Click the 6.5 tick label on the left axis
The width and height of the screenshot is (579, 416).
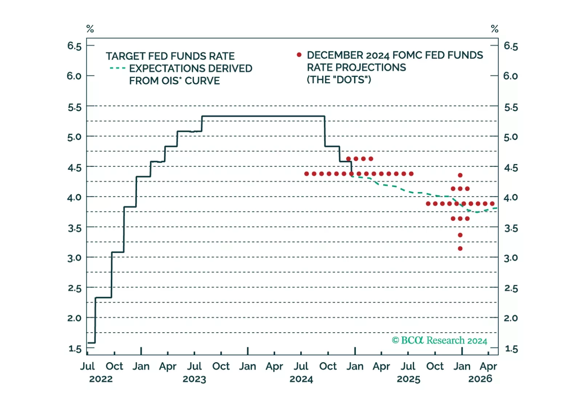click(x=74, y=46)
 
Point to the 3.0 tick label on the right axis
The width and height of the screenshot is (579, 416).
click(x=511, y=258)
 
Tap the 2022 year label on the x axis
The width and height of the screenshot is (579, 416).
click(x=101, y=379)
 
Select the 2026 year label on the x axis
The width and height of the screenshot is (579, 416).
click(x=480, y=379)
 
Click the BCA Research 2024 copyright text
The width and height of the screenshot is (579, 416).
click(x=439, y=340)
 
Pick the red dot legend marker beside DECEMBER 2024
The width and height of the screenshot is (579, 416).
click(x=299, y=55)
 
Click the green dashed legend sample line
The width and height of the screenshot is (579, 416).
click(x=117, y=68)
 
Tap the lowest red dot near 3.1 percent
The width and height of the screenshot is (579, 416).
click(x=460, y=249)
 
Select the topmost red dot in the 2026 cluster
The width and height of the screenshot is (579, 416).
click(x=460, y=175)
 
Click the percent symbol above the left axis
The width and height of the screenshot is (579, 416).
click(x=90, y=29)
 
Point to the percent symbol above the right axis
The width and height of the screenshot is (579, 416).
click(x=494, y=29)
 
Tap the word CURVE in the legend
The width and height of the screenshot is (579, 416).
click(x=202, y=81)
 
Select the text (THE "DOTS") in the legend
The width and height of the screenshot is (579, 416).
click(x=339, y=80)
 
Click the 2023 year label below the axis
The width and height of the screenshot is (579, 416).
click(x=194, y=379)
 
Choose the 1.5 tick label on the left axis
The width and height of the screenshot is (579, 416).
click(x=75, y=349)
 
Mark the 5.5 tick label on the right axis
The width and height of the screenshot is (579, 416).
click(x=511, y=107)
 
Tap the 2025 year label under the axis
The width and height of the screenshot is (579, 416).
click(x=409, y=379)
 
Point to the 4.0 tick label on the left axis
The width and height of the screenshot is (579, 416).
click(x=74, y=197)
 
